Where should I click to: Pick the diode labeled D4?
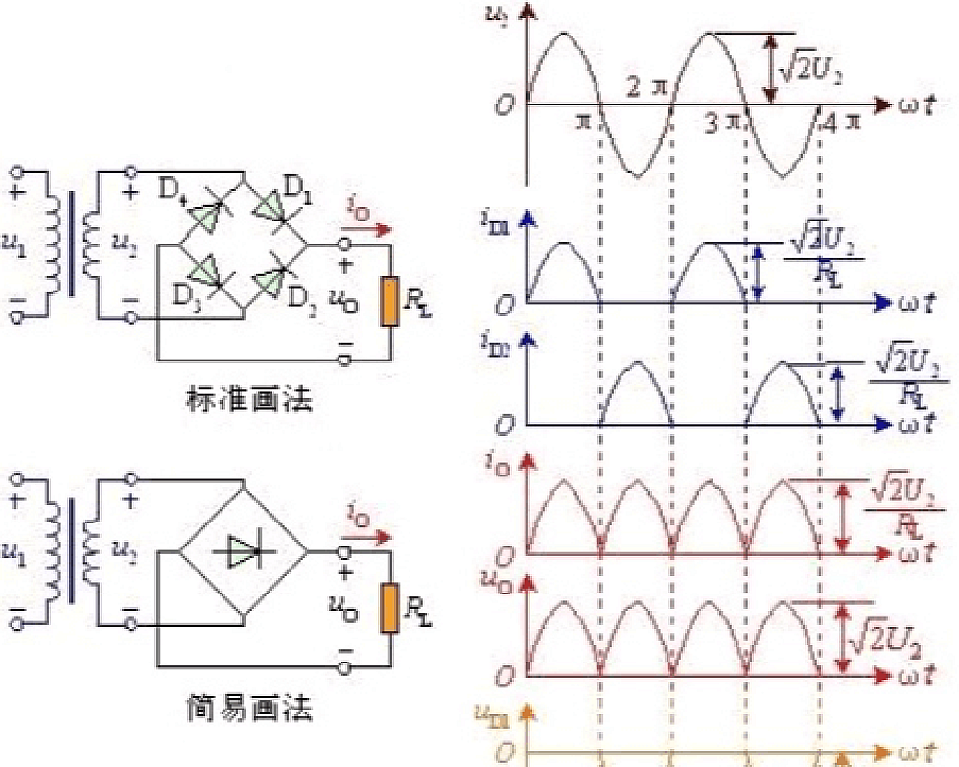pyautogui.click(x=208, y=215)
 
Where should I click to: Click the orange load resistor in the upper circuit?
pyautogui.click(x=388, y=301)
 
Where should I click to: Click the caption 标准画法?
pyautogui.click(x=250, y=400)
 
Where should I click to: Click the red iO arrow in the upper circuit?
pyautogui.click(x=371, y=230)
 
